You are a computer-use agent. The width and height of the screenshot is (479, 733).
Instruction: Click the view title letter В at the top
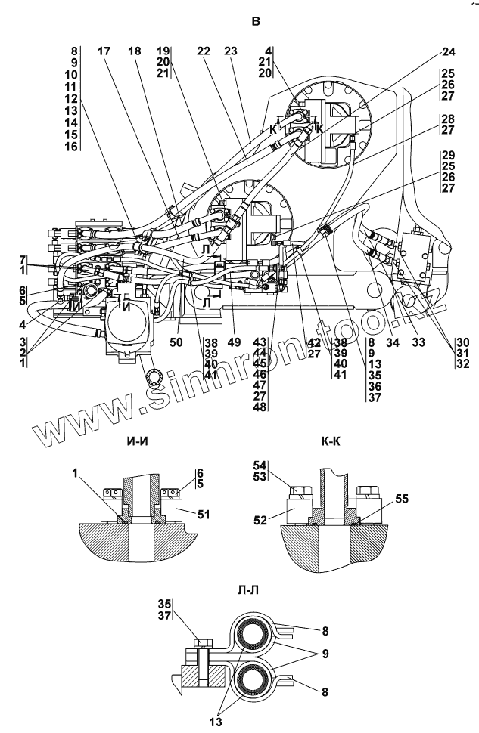[255, 22]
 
